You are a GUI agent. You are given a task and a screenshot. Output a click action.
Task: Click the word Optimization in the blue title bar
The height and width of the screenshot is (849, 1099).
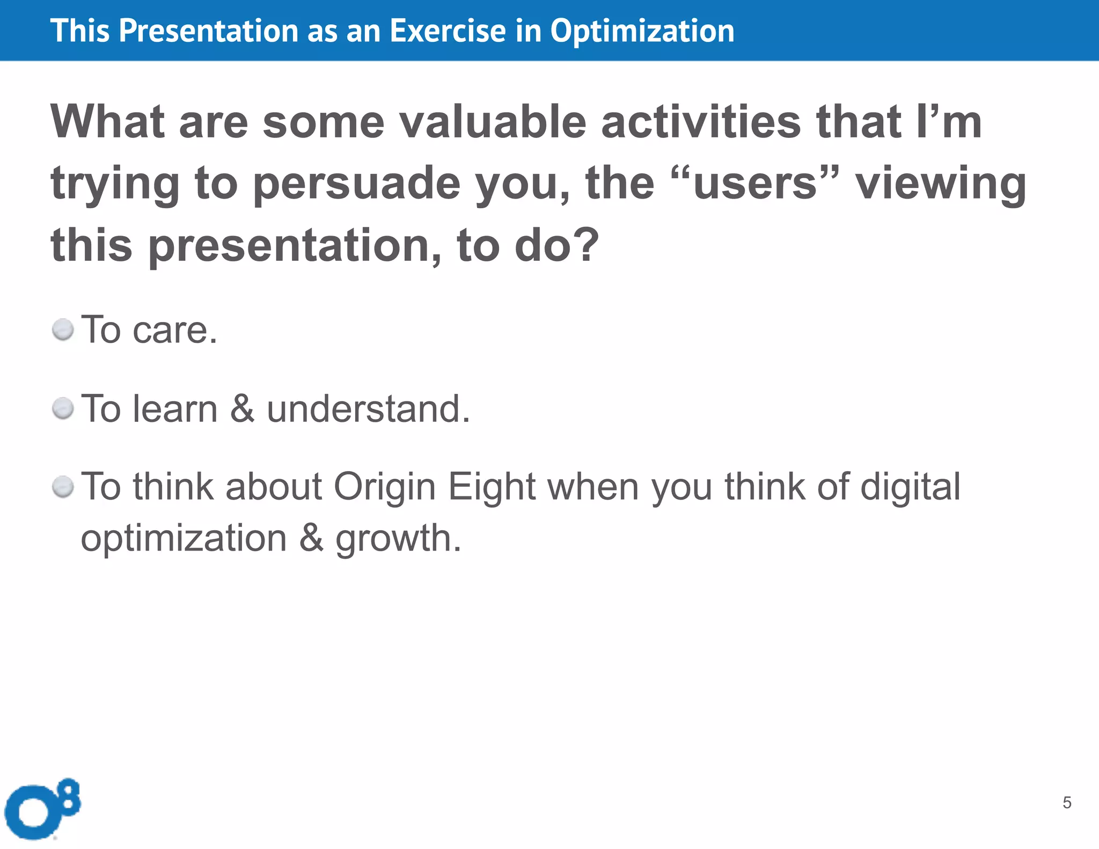(x=642, y=31)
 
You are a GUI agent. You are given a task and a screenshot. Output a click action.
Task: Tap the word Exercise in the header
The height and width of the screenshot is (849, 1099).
(x=447, y=31)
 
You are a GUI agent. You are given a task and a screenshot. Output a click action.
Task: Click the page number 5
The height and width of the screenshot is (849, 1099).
(x=1067, y=802)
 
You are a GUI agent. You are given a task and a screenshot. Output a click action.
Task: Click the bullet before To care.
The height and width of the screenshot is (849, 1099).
(x=63, y=330)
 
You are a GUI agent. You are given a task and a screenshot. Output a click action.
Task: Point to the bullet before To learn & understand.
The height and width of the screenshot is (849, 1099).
(x=63, y=409)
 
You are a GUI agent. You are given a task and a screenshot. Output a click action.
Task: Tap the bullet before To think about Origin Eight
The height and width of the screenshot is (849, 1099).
(x=63, y=487)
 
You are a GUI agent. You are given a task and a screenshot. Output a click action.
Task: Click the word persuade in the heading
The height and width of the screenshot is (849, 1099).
(x=356, y=184)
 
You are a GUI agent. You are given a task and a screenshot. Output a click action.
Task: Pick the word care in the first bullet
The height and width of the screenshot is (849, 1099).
(x=175, y=330)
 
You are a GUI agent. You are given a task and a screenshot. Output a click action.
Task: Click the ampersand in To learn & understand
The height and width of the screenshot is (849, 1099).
(x=242, y=409)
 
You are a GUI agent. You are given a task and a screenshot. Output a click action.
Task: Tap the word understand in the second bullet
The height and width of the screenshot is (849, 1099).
(x=368, y=409)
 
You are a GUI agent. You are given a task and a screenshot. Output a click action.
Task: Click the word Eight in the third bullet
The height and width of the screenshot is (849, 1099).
(x=492, y=487)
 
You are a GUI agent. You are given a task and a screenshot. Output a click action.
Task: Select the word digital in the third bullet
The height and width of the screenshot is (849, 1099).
(x=910, y=487)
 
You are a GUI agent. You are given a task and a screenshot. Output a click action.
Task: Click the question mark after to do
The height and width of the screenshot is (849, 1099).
(x=583, y=245)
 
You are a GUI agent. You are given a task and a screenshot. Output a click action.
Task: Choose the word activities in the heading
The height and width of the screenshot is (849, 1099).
(x=701, y=122)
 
